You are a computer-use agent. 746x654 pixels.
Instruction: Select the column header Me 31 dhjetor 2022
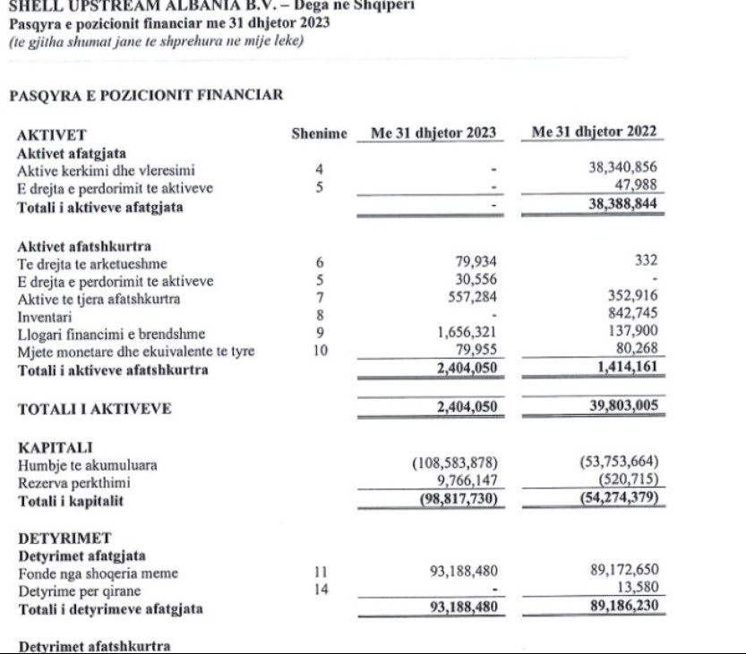pos(594,133)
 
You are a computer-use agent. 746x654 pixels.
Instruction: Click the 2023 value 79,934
pos(475,263)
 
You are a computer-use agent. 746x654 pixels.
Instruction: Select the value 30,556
pos(475,281)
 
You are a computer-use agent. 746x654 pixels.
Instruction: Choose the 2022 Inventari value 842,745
pos(633,315)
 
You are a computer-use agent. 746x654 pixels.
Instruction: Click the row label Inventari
pos(41,315)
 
